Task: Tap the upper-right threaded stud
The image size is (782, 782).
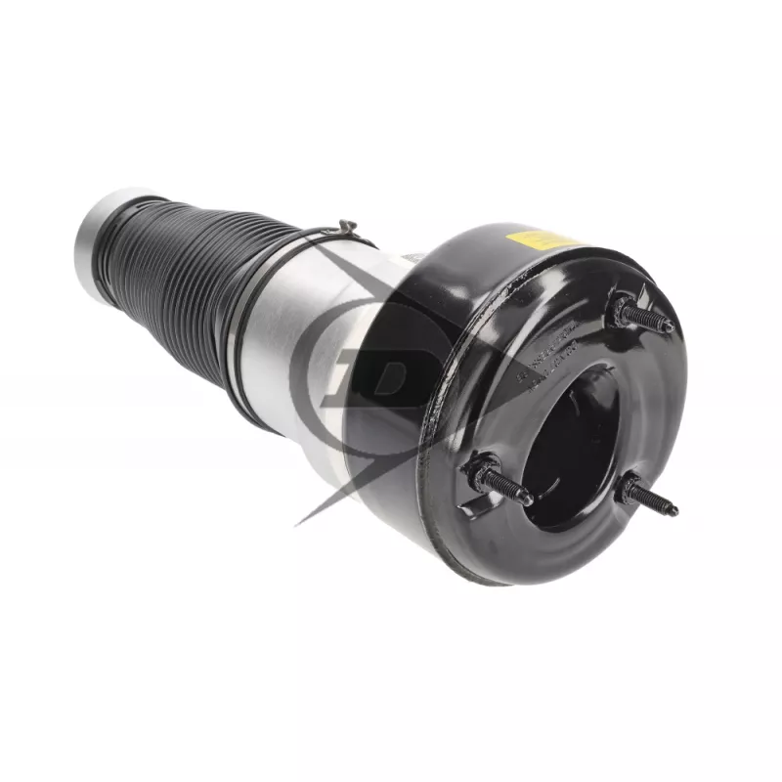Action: tap(640, 315)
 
